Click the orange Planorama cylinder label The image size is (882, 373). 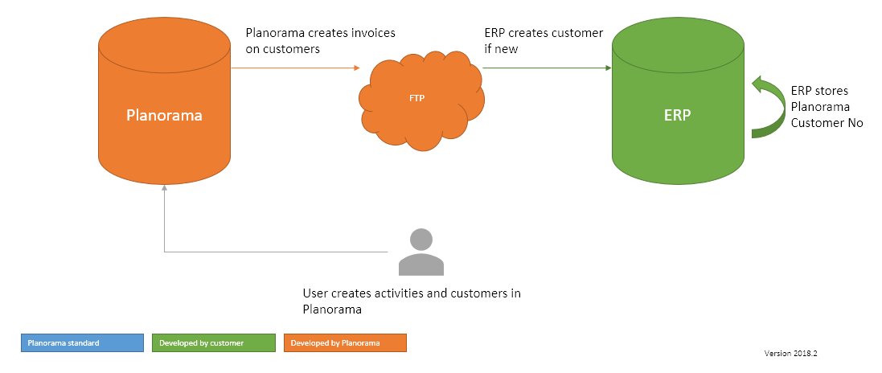pyautogui.click(x=164, y=115)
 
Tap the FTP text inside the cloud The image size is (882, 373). pyautogui.click(x=416, y=99)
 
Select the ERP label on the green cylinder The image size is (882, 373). pyautogui.click(x=676, y=115)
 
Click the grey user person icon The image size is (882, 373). pyautogui.click(x=420, y=252)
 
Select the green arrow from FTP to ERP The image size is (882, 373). pyautogui.click(x=547, y=68)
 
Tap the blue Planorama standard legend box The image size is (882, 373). pyautogui.click(x=82, y=343)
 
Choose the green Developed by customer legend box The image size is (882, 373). pyautogui.click(x=214, y=343)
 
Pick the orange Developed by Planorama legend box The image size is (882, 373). pyautogui.click(x=345, y=343)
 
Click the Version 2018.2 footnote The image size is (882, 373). pyautogui.click(x=795, y=352)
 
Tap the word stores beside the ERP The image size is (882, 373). pyautogui.click(x=831, y=91)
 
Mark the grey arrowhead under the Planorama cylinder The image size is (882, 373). pyautogui.click(x=164, y=188)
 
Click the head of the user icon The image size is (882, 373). pyautogui.click(x=420, y=240)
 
